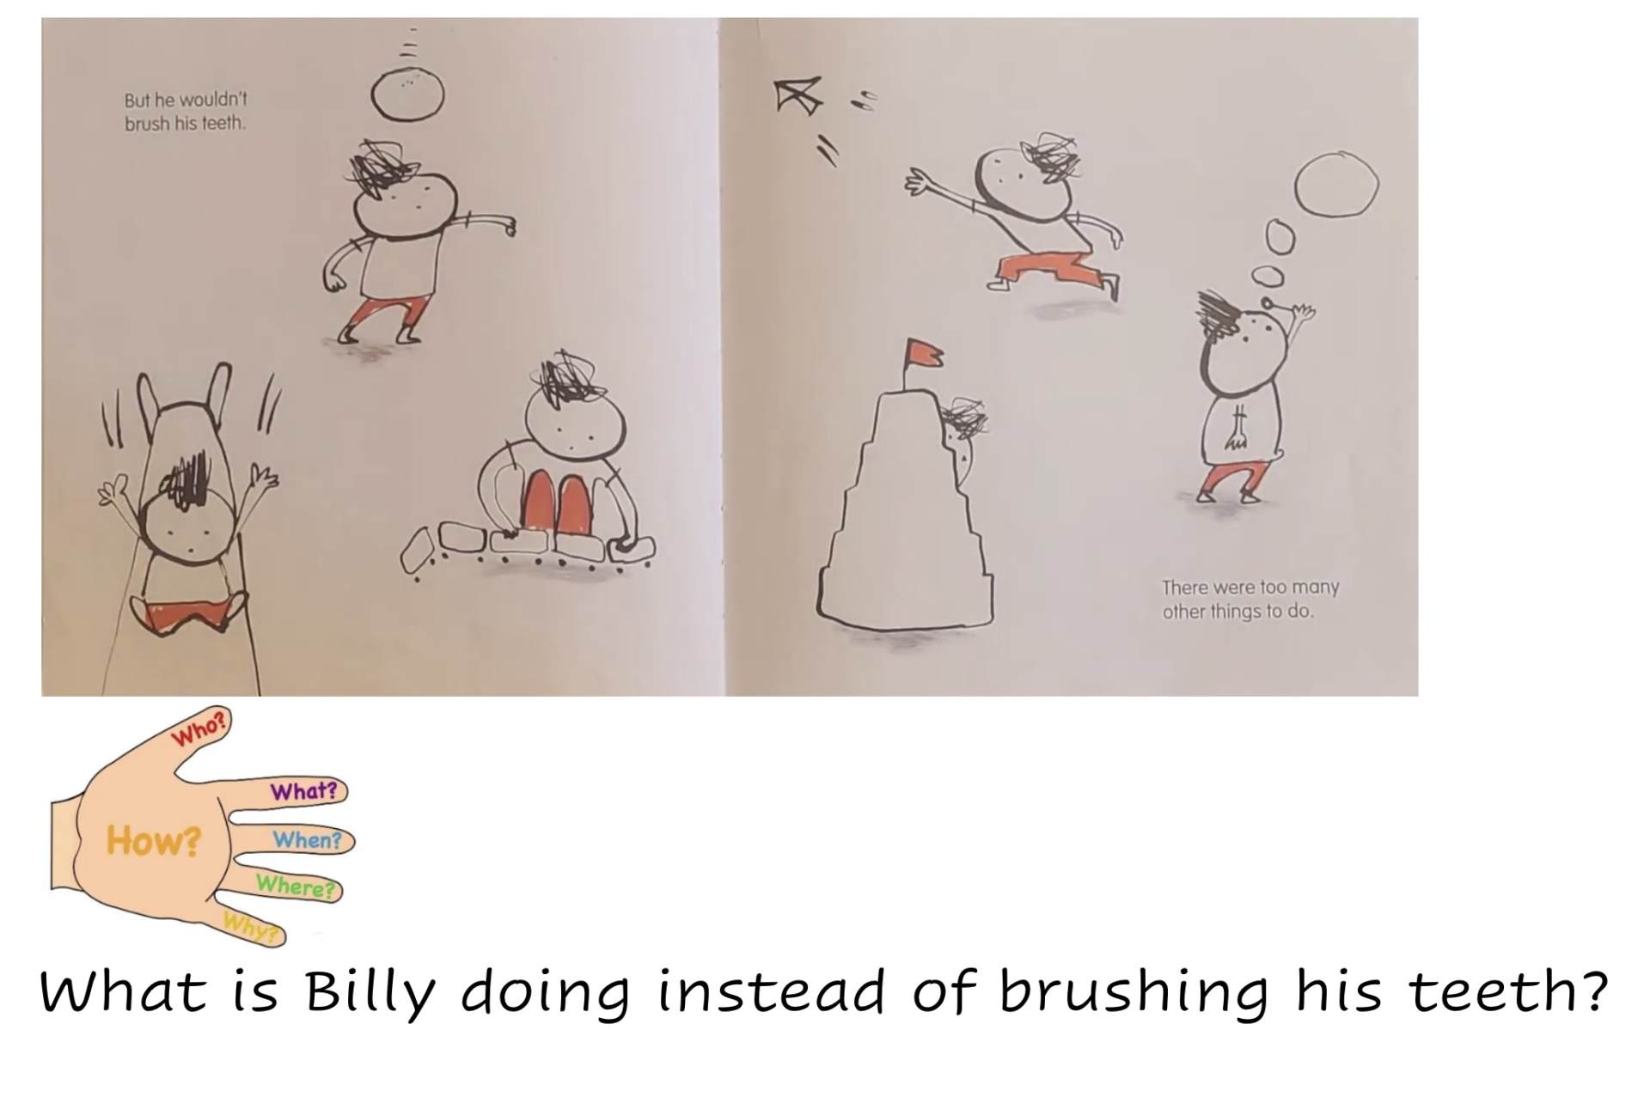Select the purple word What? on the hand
point(304,791)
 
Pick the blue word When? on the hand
point(308,839)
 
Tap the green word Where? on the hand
point(296,885)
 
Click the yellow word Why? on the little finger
point(252,928)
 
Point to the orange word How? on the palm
point(154,840)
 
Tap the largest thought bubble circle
point(1336,184)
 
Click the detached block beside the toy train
point(419,550)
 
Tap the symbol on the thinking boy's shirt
point(1238,430)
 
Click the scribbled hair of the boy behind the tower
point(965,418)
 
